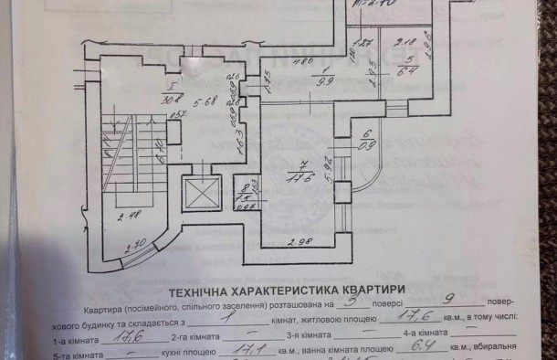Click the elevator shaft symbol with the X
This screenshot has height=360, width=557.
pyautogui.click(x=197, y=192)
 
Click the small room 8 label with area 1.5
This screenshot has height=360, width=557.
pyautogui.click(x=244, y=194)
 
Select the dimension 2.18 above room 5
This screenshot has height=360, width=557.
pyautogui.click(x=408, y=41)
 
